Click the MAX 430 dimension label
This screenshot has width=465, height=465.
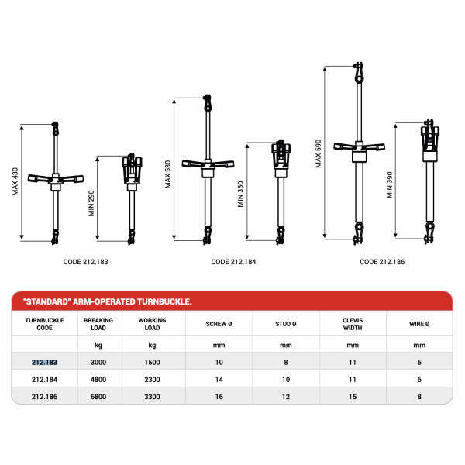tap(15, 183)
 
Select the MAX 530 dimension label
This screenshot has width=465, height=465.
tap(167, 174)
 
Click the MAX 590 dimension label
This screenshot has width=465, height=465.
tap(318, 154)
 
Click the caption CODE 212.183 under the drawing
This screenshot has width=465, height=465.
tap(85, 262)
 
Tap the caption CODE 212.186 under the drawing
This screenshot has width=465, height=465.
tap(381, 262)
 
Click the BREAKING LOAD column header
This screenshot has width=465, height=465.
tap(98, 324)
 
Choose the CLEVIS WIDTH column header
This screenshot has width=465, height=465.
tap(353, 324)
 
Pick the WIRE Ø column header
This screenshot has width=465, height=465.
tap(419, 324)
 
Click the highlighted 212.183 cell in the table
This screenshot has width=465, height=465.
tap(44, 362)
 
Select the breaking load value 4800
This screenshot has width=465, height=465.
tap(98, 379)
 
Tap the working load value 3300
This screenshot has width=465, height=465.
tap(151, 396)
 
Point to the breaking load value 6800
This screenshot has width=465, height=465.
tap(98, 396)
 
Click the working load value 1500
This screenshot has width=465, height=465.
tap(151, 362)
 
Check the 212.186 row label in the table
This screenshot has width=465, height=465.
tap(44, 396)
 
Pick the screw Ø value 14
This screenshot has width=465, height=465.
tap(219, 379)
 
